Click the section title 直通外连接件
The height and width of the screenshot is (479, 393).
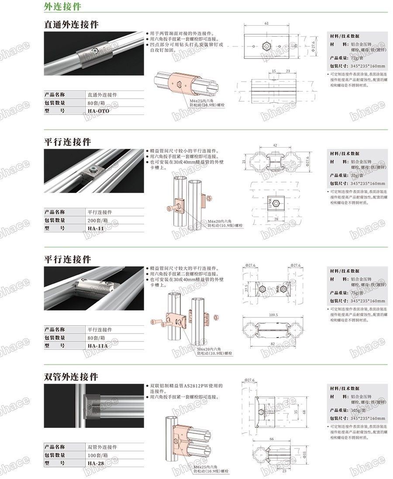coord(71,24)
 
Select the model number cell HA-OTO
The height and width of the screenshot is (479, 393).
coord(99,111)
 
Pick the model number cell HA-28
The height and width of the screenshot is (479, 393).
coord(96,463)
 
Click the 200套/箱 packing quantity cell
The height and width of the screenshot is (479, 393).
coord(100,220)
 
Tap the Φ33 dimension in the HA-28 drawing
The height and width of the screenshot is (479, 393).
coord(304,455)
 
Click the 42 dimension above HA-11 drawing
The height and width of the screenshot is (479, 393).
coord(275,145)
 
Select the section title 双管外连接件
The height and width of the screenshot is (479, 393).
coord(71,377)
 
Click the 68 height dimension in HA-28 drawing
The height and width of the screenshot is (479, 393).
coord(304,411)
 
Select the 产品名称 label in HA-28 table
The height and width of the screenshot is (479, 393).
coord(55,447)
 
